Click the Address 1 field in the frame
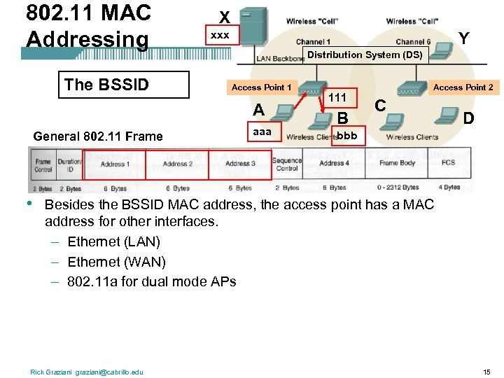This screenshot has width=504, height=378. pos(113,164)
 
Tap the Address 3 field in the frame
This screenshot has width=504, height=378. pos(239,164)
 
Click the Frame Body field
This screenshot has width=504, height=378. pos(397,163)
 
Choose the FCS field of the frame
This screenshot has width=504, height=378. pos(449,163)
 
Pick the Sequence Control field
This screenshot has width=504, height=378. pos(287,164)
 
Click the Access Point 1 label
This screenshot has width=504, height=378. pos(261,87)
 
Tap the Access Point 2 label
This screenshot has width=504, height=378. pos(463,87)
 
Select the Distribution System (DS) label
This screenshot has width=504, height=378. pos(365,55)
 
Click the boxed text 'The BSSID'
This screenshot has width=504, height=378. pos(106,85)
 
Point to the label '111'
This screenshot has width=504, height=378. pos(337,98)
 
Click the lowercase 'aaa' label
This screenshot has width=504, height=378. pos(262,132)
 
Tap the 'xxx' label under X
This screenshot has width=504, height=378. pos(220,35)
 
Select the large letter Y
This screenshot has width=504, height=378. pos(463,38)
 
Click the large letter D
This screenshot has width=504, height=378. pos(468,118)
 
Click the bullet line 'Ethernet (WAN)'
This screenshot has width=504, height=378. pos(116,262)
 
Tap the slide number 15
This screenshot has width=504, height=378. pos(486,371)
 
